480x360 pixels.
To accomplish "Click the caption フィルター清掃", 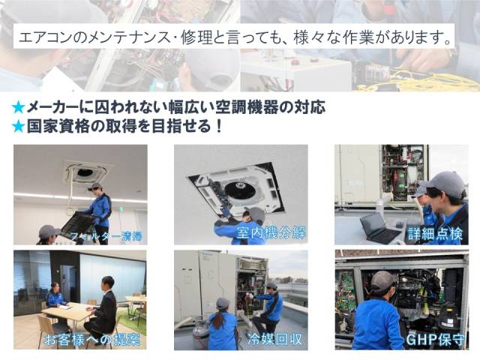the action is tap(106, 236).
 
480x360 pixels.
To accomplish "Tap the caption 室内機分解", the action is tap(271, 233).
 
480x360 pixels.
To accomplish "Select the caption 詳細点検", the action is tap(435, 234).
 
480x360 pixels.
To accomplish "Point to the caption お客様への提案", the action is tap(92, 340).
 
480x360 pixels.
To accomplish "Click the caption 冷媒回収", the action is tap(274, 340).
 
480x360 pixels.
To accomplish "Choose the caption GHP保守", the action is tap(435, 340).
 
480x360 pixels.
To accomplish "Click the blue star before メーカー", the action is tap(18, 107).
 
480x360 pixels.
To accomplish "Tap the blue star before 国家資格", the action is tap(18, 126).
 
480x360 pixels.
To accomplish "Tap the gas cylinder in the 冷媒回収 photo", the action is tap(199, 333).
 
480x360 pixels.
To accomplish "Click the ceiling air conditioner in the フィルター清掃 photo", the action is tap(87, 172).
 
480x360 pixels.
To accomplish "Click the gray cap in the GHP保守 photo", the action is tap(383, 280).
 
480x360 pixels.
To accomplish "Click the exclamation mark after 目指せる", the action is tap(218, 126).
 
